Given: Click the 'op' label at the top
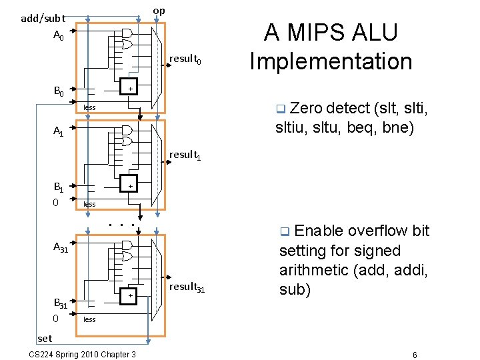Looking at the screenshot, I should point(159,11).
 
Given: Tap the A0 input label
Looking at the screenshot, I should point(59,35).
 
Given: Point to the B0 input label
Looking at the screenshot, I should point(59,91).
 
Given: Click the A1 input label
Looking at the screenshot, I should point(59,132).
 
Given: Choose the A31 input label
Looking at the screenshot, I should point(61,247).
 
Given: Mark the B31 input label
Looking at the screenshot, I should point(61,305).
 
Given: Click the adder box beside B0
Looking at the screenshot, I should point(130,89).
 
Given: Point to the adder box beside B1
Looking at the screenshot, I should point(130,185).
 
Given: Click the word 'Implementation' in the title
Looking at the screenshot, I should point(331,61).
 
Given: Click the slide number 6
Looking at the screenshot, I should point(415,354).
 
